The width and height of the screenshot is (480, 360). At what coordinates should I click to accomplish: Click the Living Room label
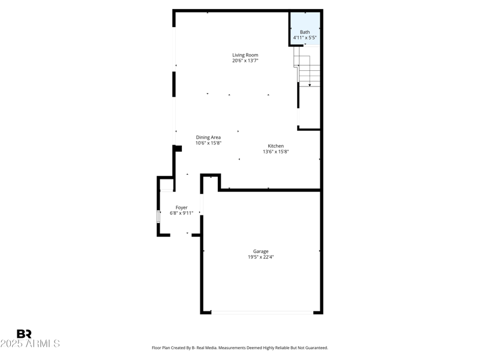[245, 55]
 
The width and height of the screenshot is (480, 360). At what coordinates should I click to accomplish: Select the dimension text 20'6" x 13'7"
[245, 61]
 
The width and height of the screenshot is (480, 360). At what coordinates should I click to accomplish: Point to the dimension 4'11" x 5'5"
[305, 38]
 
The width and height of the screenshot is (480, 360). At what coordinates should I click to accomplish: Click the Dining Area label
[208, 137]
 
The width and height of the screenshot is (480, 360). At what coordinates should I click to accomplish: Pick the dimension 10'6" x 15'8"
[208, 143]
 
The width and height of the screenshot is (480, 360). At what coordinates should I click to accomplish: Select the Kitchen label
[276, 146]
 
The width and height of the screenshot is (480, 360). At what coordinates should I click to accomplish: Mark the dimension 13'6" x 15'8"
[276, 152]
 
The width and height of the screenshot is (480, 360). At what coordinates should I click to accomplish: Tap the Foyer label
[181, 208]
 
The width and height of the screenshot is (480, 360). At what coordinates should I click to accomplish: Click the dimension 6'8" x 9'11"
[181, 213]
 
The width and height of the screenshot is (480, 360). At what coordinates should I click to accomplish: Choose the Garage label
[260, 251]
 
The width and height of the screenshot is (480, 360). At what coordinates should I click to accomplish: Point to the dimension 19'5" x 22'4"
[260, 257]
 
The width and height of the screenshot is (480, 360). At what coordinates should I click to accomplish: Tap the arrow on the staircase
[310, 85]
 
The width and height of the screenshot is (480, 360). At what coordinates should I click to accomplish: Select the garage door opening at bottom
[262, 312]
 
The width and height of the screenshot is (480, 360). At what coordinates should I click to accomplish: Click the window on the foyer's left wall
[158, 217]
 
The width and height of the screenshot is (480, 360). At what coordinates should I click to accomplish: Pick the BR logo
[24, 334]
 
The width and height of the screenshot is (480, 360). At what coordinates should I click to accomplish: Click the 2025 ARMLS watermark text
[30, 344]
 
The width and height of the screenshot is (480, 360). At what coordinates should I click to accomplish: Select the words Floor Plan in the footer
[163, 348]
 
